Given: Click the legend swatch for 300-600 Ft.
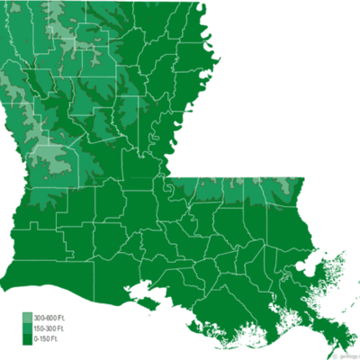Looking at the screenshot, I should click(28, 319).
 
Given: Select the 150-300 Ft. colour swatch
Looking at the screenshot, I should click(28, 329).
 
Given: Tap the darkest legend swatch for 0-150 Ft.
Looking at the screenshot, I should click(28, 339).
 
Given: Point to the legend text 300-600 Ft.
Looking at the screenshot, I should click(50, 319).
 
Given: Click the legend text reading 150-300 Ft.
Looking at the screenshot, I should click(50, 329).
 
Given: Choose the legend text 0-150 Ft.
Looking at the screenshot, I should click(48, 339).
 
